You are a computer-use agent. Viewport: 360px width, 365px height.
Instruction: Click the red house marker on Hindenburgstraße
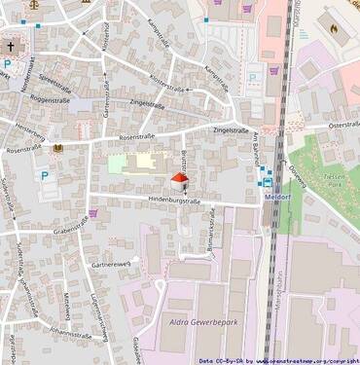pyautogui.click(x=179, y=181)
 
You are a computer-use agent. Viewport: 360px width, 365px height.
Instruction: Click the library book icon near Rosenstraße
pyautogui.click(x=58, y=148)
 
